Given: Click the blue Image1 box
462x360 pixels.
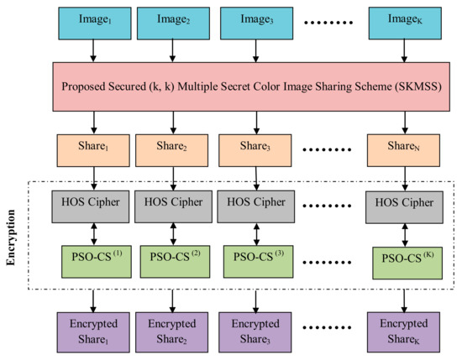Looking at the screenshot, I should pos(92,20).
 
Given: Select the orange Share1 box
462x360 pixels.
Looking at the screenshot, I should pos(92,149).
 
